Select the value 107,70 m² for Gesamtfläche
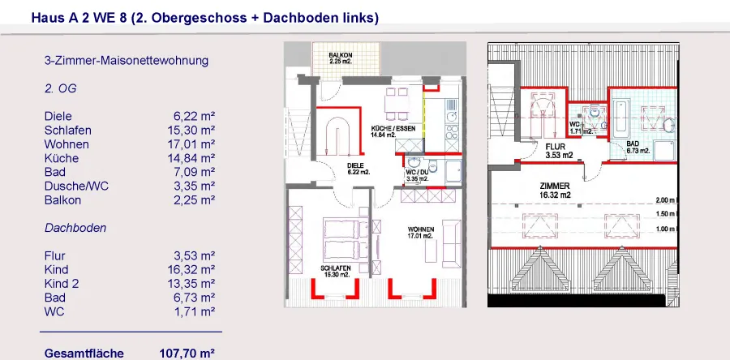(187, 353)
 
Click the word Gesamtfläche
(84, 353)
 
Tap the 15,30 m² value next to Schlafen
(191, 131)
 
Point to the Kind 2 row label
(62, 283)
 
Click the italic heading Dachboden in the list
(75, 228)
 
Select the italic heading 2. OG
(61, 88)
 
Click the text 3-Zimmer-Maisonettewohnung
(127, 61)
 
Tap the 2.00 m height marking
(666, 200)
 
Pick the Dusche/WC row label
(77, 186)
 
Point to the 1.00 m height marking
(666, 229)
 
